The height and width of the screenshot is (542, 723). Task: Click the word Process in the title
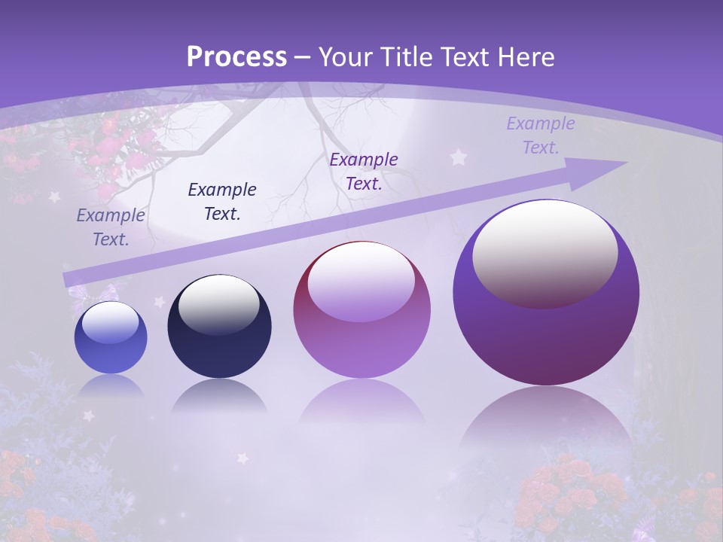(x=236, y=56)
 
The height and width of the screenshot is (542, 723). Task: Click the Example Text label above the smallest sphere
(x=111, y=227)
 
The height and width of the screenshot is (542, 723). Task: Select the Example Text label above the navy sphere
(x=222, y=201)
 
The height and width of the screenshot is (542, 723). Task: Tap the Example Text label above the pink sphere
(x=364, y=171)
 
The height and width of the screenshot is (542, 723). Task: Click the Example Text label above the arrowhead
(x=541, y=135)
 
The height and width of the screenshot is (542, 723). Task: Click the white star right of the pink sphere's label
(x=458, y=157)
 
